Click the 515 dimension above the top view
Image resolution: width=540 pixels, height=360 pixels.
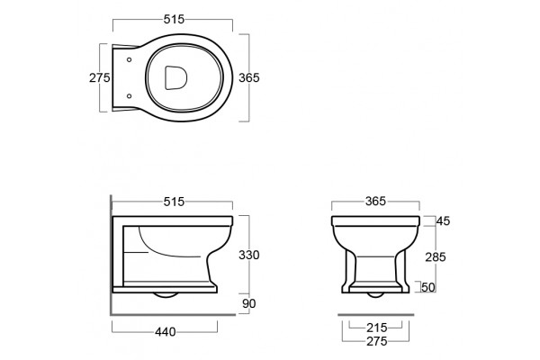pos(174,19)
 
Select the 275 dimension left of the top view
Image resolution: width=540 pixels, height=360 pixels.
pos(100,78)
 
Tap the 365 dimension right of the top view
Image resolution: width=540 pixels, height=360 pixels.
pos(249,78)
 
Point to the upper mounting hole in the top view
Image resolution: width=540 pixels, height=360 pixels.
pos(129,59)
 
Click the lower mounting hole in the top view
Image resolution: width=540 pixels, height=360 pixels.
pos(129,96)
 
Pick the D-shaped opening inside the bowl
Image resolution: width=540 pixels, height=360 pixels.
pos(176,77)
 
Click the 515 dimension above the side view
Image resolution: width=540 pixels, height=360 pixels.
pos(174,202)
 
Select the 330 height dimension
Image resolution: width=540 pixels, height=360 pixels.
pos(249,255)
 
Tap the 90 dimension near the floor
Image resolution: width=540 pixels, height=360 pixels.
pos(249,303)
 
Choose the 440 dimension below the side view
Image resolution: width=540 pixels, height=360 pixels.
pos(166,332)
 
